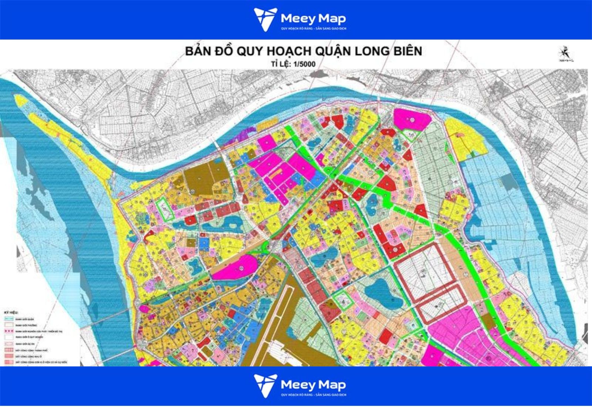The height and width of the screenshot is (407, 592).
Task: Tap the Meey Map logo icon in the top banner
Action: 265,19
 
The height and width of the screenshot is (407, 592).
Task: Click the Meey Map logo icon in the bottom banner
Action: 265,386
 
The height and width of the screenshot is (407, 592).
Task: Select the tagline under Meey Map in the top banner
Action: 313,28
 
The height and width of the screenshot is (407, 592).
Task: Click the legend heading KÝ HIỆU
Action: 11,313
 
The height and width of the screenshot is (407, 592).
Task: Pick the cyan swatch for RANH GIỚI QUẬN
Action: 9,319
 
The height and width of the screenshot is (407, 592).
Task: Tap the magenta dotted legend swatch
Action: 9,331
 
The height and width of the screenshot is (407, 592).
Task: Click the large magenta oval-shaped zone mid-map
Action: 236,268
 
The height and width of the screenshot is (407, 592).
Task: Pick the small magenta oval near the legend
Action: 144,309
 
